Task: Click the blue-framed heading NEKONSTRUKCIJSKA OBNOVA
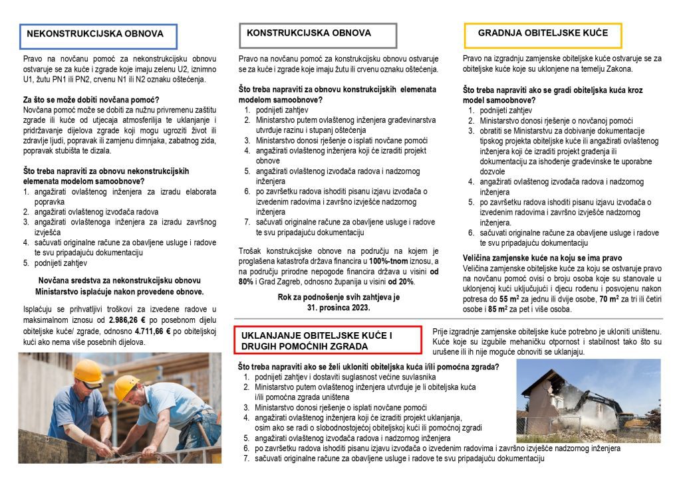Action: [x=95, y=34]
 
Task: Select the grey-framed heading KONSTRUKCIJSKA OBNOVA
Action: [x=309, y=33]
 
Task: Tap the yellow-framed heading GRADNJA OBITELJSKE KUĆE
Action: [x=543, y=33]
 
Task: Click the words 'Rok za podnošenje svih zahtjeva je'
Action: [x=339, y=297]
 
